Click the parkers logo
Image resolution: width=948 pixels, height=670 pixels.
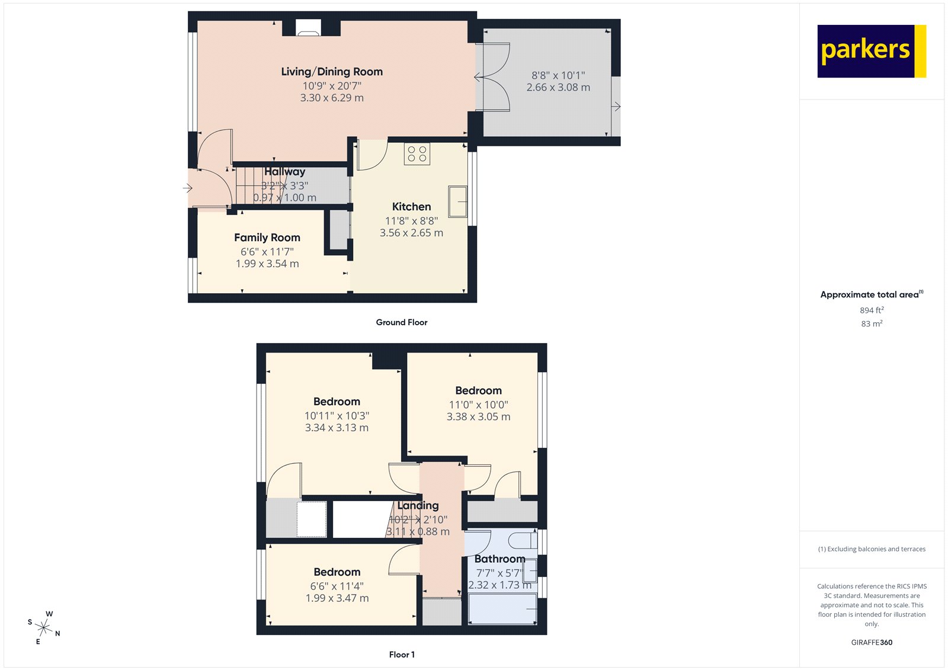(871, 51)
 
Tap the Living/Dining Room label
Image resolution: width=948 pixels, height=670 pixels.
(332, 72)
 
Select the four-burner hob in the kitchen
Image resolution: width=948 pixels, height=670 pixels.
(417, 154)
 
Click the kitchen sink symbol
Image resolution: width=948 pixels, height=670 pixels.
(457, 201)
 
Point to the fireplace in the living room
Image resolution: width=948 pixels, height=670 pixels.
(308, 28)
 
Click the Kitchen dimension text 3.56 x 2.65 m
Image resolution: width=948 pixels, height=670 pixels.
(411, 233)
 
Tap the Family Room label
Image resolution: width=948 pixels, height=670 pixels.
(267, 238)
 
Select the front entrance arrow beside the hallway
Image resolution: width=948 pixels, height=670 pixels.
(187, 188)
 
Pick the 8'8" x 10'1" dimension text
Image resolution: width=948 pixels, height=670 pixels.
(558, 75)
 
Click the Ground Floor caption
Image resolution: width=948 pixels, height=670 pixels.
(401, 322)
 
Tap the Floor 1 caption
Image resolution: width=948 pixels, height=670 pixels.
(402, 655)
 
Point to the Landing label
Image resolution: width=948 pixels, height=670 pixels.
(418, 505)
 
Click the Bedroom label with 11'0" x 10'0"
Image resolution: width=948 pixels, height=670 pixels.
(478, 390)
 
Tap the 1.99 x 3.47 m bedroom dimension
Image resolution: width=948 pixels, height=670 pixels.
(337, 598)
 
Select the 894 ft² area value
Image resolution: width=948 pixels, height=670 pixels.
(872, 310)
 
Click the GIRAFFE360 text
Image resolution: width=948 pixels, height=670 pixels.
(872, 642)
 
